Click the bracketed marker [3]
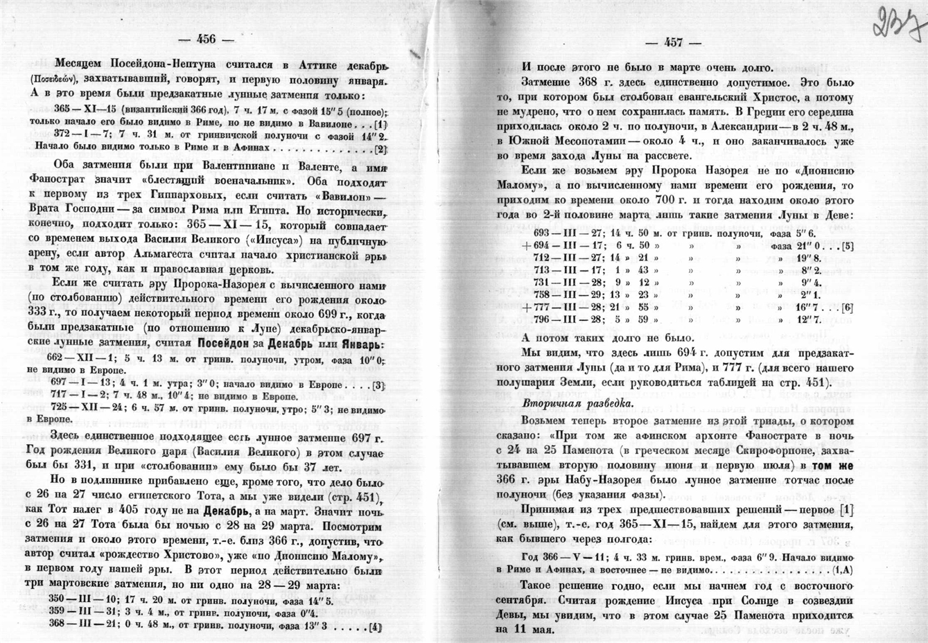378,385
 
